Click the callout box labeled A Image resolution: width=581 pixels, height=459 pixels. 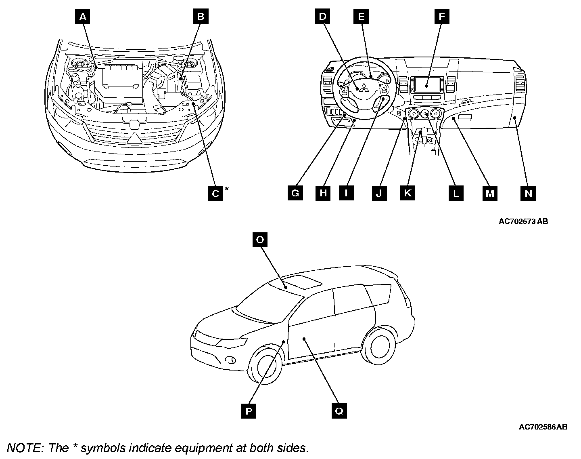coord(83,17)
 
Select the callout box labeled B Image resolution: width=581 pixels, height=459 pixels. coord(201,17)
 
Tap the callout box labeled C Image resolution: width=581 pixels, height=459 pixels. coord(215,194)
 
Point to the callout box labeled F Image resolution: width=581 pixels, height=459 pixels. coord(442,17)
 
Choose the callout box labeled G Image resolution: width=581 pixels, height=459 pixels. coord(295,193)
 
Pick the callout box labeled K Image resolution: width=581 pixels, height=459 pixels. coord(408,193)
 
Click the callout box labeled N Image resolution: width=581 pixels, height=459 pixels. coord(528,193)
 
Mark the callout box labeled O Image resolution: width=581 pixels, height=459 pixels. coord(260,240)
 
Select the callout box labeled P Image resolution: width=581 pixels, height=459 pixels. coord(249,411)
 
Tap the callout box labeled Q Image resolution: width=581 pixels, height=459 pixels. coord(339,411)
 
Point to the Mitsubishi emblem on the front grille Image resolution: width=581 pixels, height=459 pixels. coord(134,138)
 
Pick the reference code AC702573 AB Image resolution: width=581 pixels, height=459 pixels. coord(523,221)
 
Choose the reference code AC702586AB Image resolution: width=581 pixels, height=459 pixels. coord(543,427)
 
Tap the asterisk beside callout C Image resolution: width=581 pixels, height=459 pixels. coord(227,189)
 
